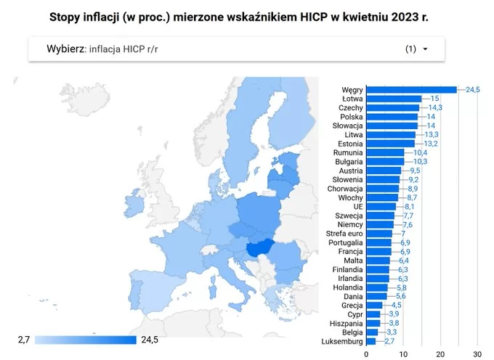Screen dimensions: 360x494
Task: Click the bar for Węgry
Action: (x=411, y=89)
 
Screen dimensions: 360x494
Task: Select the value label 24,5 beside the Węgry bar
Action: (x=473, y=89)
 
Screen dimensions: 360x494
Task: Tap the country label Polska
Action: (x=352, y=116)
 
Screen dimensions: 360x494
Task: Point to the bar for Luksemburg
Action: (x=371, y=341)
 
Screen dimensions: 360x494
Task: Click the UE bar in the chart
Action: (x=381, y=206)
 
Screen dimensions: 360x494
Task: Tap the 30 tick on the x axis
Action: (x=477, y=354)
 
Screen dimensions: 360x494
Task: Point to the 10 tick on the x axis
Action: (x=403, y=354)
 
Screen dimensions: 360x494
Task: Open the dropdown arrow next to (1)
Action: (x=425, y=49)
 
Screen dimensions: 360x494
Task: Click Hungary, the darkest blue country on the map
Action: (x=259, y=248)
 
